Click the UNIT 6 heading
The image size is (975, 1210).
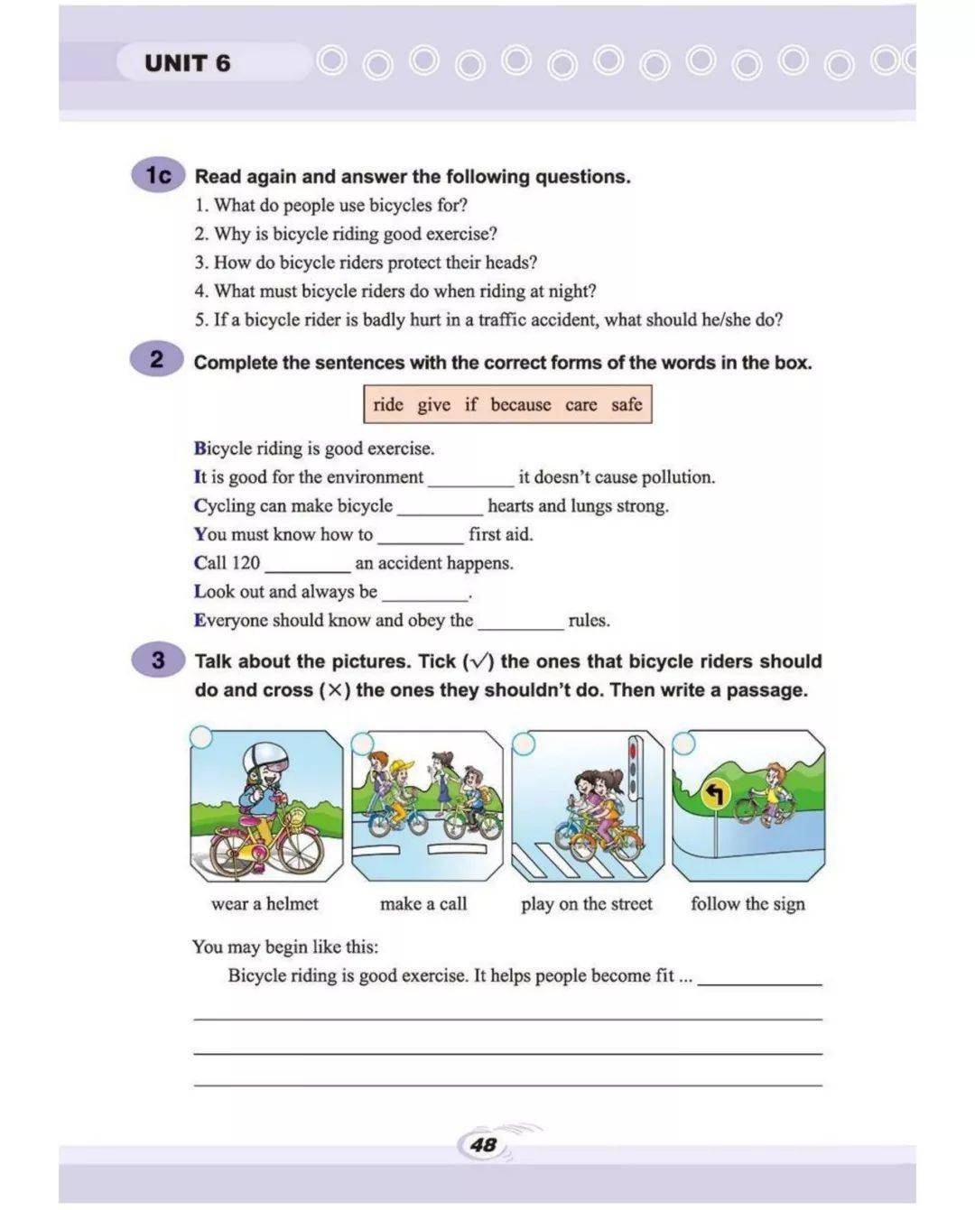pos(187,63)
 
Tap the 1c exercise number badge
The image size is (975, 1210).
pos(158,175)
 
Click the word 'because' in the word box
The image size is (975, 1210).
pos(520,404)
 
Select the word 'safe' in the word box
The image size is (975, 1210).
pos(627,404)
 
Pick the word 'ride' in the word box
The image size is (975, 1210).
pos(388,404)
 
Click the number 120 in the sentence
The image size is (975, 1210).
pos(246,563)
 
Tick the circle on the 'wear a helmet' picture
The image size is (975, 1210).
pos(200,737)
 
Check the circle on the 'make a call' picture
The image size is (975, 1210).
pos(362,743)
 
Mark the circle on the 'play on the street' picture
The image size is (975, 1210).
pos(524,743)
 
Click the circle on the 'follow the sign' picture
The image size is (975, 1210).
pos(684,743)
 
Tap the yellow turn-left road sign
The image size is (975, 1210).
pos(715,795)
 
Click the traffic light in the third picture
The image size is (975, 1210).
pos(634,766)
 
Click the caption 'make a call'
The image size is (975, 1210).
pos(423,903)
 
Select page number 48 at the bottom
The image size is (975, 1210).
pos(484,1144)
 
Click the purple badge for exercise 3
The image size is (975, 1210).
pos(158,660)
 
